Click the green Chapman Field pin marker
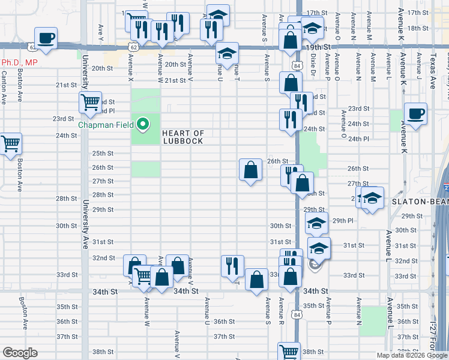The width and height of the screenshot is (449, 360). click(x=143, y=125)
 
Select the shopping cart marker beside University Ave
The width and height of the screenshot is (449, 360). click(x=90, y=103)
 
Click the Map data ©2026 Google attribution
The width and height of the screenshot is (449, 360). click(x=412, y=355)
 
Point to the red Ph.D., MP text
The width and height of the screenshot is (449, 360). click(x=19, y=62)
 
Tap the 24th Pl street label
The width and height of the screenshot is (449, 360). click(x=358, y=139)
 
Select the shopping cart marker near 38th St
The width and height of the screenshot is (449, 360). click(x=289, y=352)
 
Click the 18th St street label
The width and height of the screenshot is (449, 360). click(x=416, y=28)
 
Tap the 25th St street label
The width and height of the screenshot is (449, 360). click(x=86, y=153)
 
